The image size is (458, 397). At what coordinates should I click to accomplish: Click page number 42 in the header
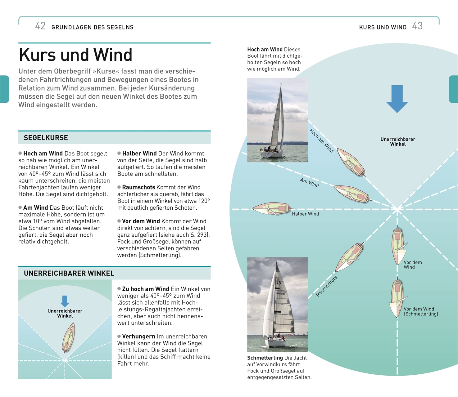click(x=40, y=26)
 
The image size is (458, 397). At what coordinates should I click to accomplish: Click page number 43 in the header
click(x=417, y=26)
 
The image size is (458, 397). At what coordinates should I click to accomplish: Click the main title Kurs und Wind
click(x=76, y=55)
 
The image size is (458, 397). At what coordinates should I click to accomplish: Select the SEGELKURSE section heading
click(x=46, y=138)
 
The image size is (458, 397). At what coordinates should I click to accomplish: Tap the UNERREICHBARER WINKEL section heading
click(x=69, y=273)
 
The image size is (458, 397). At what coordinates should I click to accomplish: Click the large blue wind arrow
click(x=397, y=99)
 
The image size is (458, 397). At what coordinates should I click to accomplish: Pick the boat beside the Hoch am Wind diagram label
click(x=351, y=163)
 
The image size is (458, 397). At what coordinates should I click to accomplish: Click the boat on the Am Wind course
click(x=351, y=194)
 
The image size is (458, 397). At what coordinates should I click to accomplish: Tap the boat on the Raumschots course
click(x=350, y=257)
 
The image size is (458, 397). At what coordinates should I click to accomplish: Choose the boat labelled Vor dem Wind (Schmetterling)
click(x=397, y=298)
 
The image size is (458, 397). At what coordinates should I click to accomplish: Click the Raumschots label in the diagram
click(x=326, y=286)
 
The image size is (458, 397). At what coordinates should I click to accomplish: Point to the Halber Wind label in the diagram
click(x=305, y=214)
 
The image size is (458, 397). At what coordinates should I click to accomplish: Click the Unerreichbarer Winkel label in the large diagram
click(x=398, y=142)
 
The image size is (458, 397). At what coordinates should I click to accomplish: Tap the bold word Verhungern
click(x=138, y=336)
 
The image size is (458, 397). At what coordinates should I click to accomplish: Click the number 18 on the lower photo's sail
click(x=279, y=283)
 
